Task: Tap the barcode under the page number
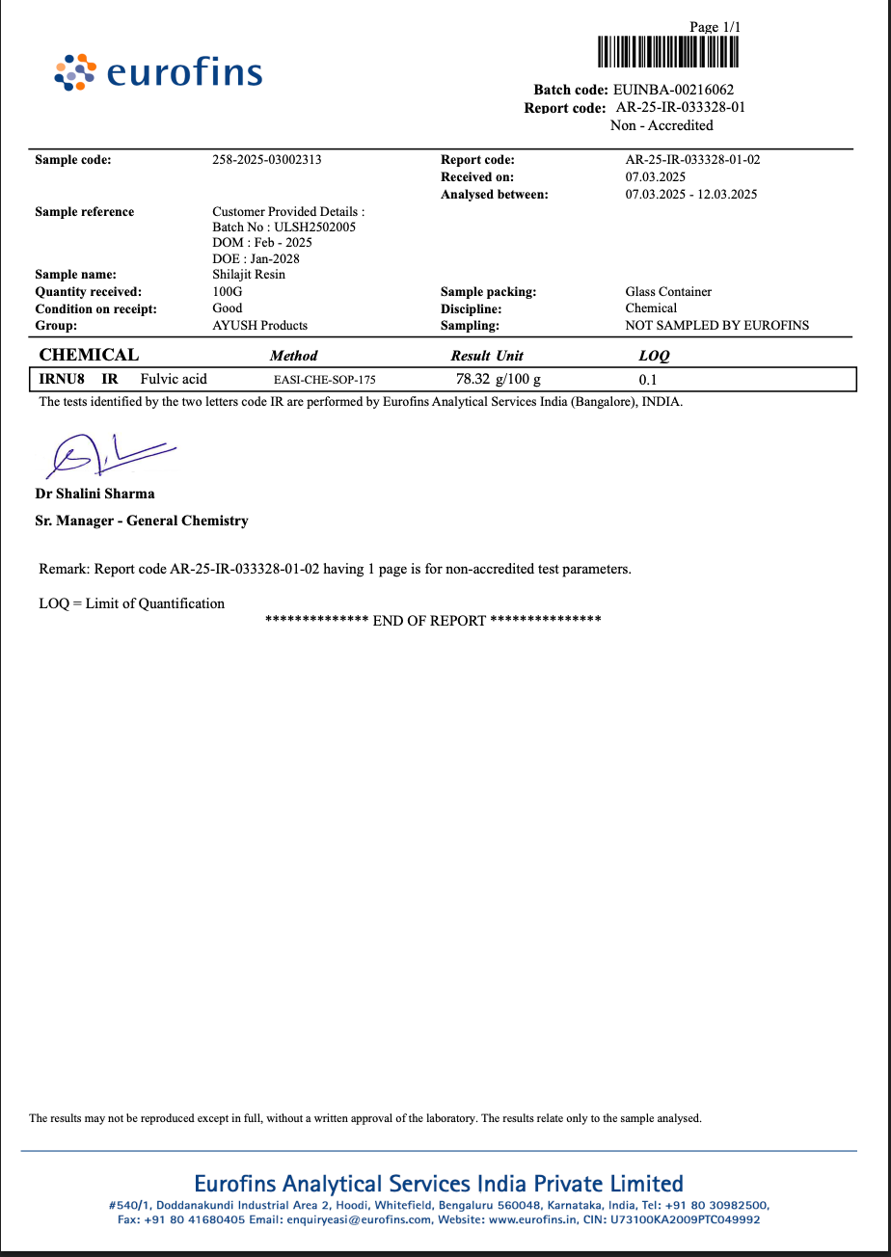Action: pos(667,51)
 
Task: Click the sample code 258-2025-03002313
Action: pos(267,160)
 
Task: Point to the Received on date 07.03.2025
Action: pos(655,177)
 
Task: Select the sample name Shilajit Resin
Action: pos(249,275)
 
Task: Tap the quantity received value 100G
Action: pos(228,292)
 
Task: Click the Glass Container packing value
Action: pos(668,292)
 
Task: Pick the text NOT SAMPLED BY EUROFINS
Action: pos(716,326)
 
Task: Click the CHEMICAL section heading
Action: pos(89,355)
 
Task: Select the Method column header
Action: pos(293,356)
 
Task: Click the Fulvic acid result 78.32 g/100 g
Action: pos(499,379)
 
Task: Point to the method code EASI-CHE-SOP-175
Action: pos(325,380)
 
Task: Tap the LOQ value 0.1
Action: pos(648,380)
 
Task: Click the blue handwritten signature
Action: pos(106,454)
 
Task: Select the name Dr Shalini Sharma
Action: pos(94,494)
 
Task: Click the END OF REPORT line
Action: pos(433,621)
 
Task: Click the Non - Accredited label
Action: pos(661,125)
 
